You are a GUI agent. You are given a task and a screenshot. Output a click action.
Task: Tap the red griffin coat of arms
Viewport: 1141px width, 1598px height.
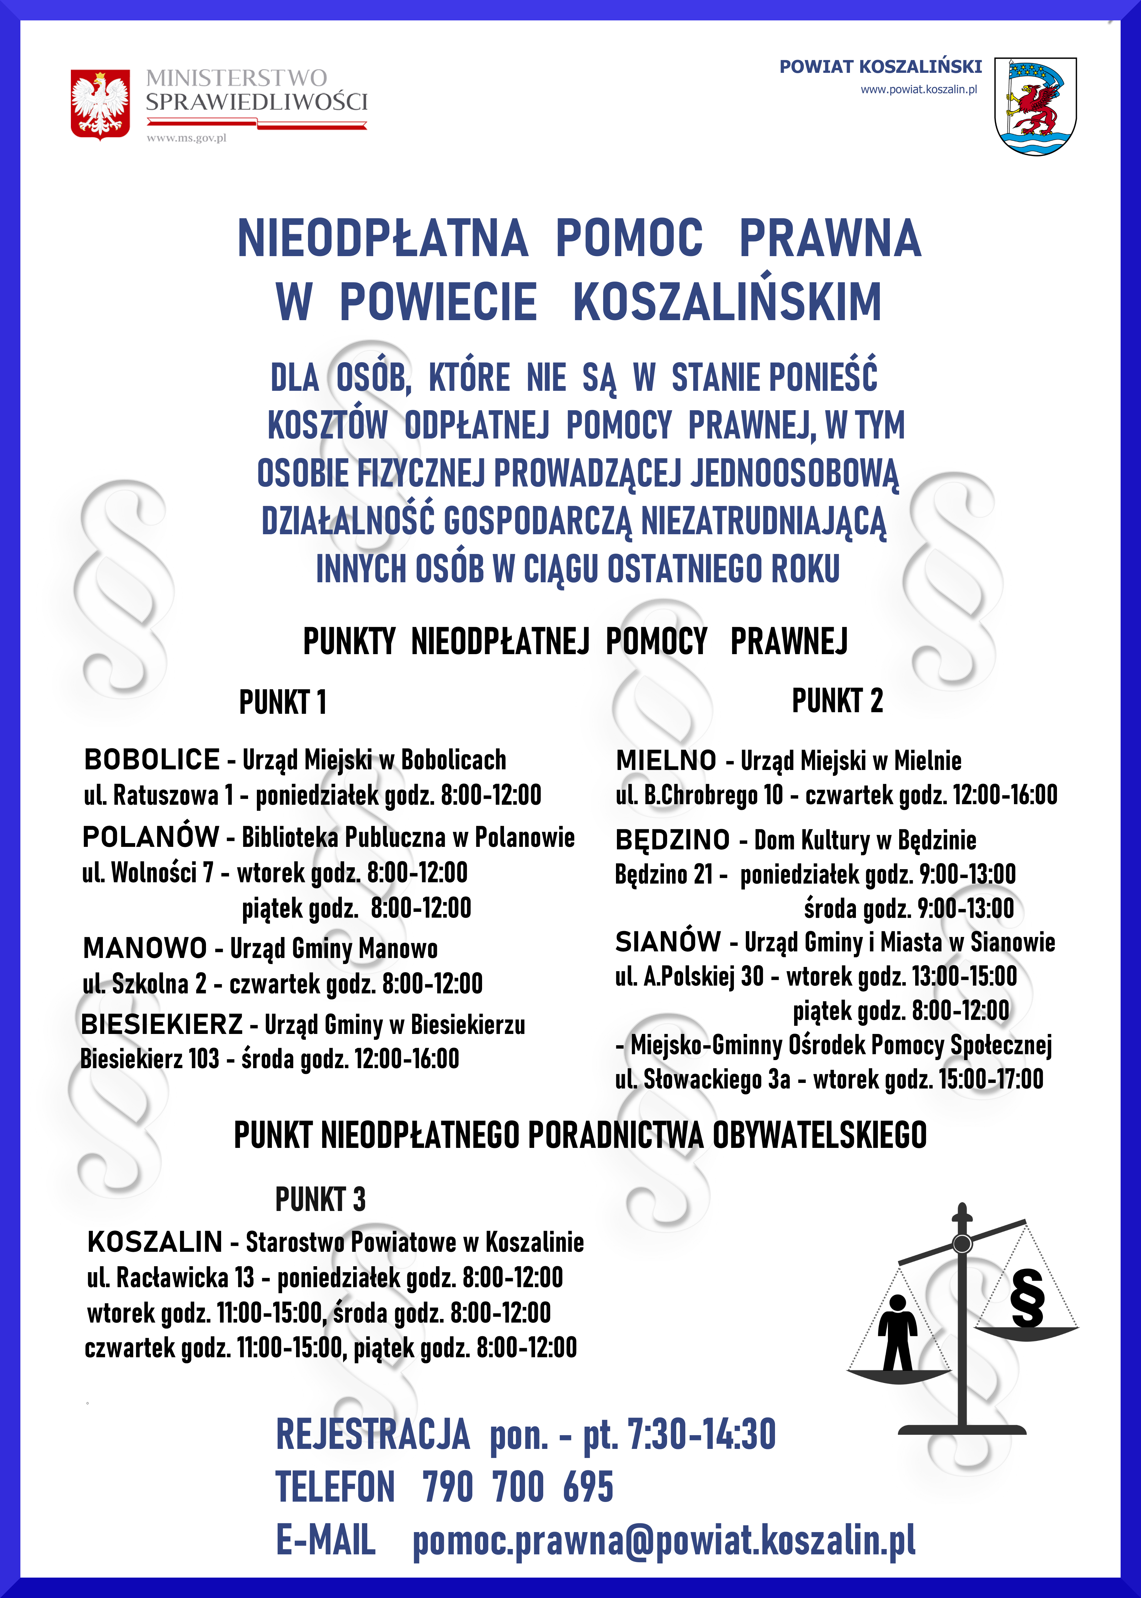(x=1035, y=107)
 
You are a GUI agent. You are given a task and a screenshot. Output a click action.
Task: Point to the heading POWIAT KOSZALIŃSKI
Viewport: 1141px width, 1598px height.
(x=880, y=67)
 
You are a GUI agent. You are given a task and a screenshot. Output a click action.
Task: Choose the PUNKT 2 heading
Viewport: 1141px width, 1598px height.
(x=837, y=701)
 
